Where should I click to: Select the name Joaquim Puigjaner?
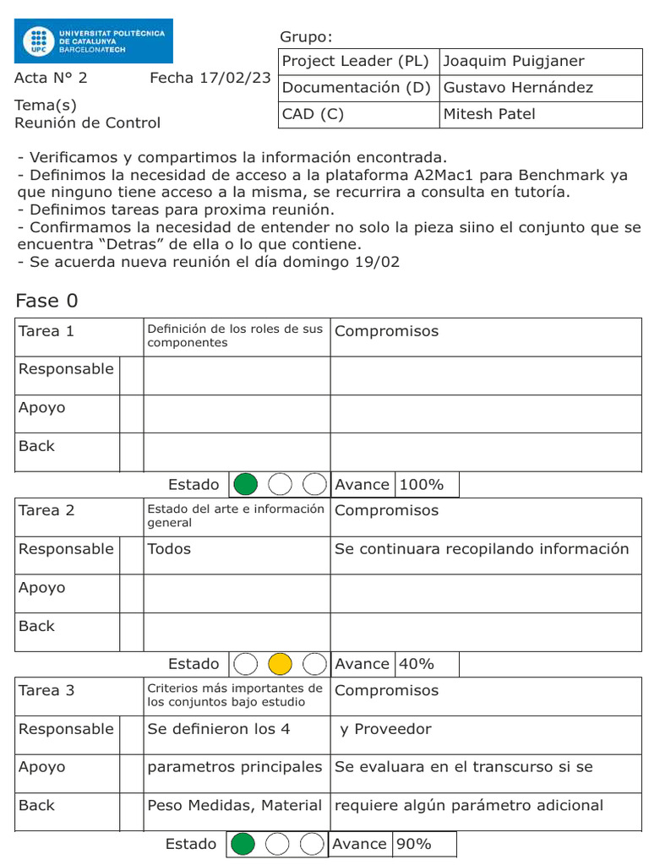coord(513,62)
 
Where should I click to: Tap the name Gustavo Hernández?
coord(518,88)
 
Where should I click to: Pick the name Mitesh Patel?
coord(489,114)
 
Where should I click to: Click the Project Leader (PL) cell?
coord(356,62)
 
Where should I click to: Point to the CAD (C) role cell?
coord(313,114)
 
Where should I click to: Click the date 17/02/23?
coord(236,79)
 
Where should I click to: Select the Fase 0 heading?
coord(47,302)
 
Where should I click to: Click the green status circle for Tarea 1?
coord(245,484)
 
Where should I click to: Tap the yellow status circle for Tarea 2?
coord(280,664)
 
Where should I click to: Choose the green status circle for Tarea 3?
coord(243,844)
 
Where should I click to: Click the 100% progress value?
coord(421,485)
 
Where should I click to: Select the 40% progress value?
coord(416,664)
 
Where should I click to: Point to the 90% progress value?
coord(413,844)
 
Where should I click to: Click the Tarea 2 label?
coord(46,510)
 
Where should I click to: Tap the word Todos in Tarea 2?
coord(169,549)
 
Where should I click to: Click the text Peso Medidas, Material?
coord(234,806)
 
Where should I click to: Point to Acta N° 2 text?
coord(51,79)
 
